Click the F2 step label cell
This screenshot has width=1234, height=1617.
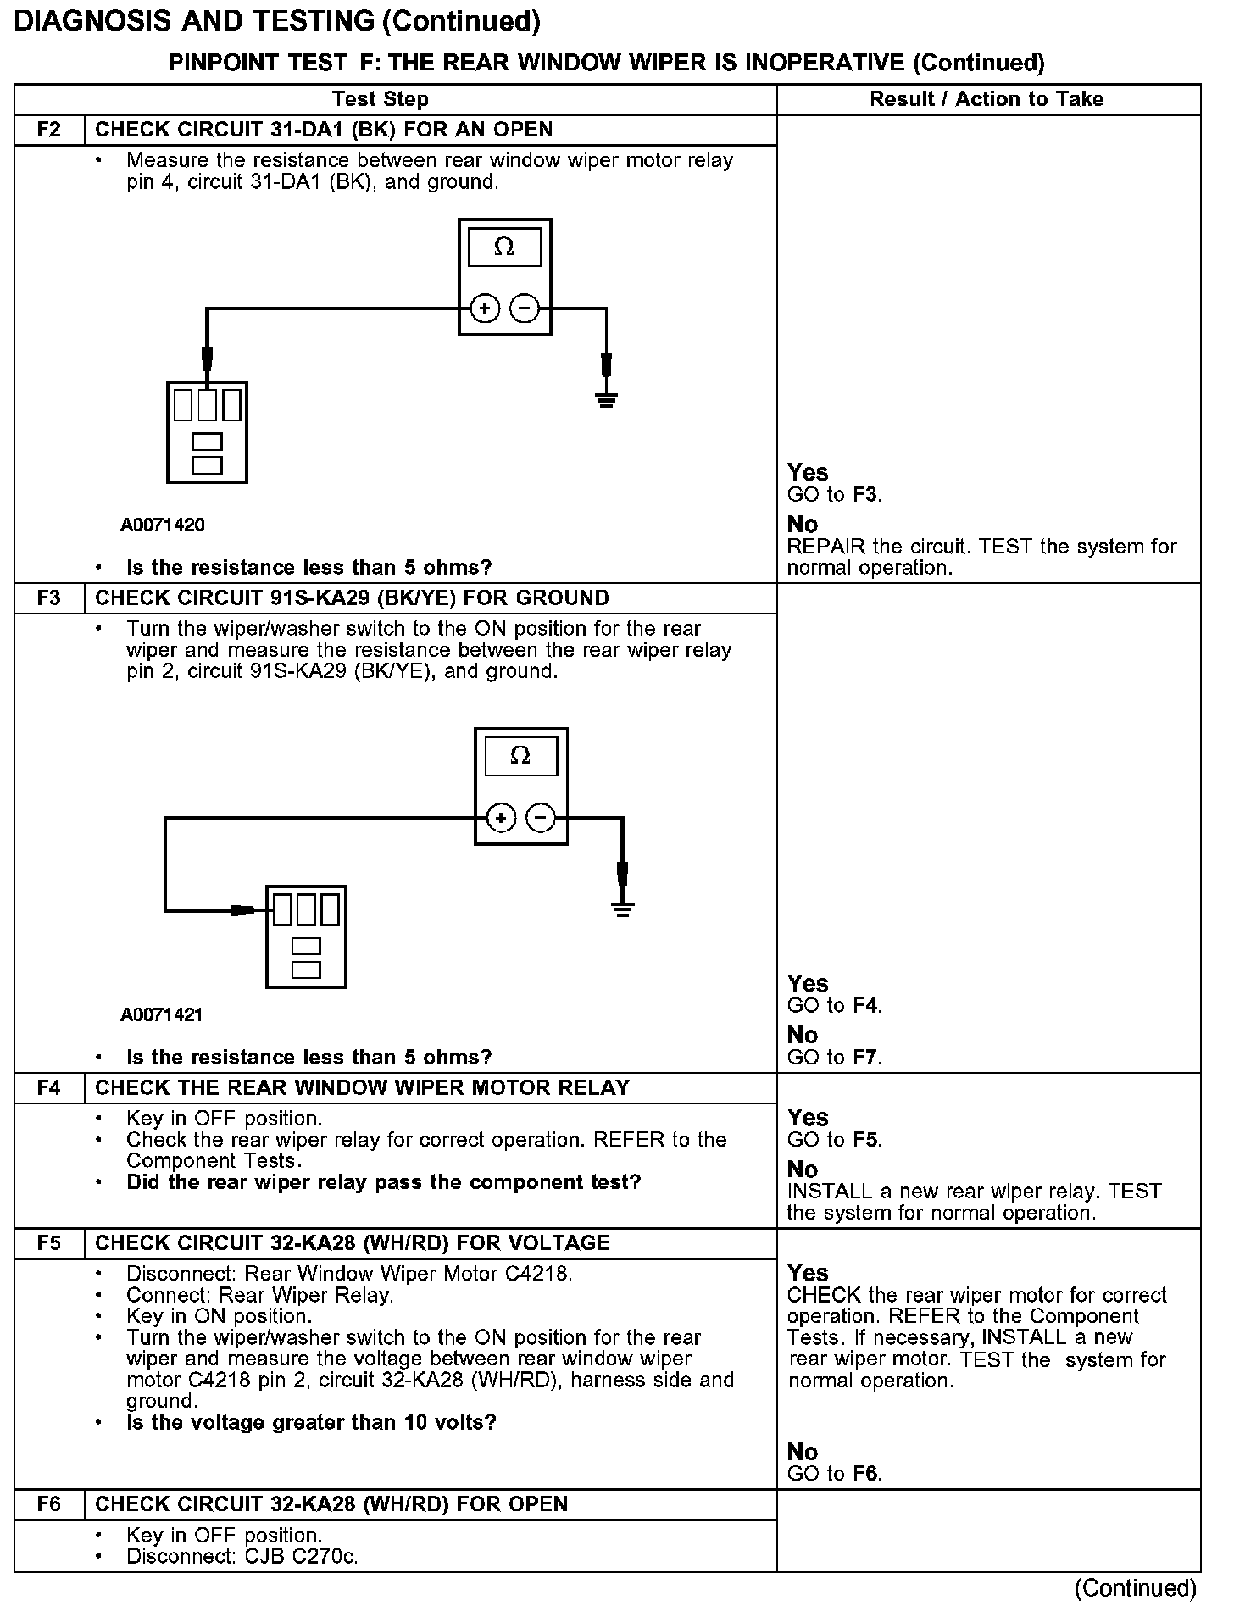(x=49, y=130)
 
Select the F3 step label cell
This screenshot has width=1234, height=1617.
(x=49, y=598)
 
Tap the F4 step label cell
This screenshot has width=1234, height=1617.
(x=49, y=1088)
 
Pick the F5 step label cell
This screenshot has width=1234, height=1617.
(x=49, y=1243)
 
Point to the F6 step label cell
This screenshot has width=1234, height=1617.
(x=49, y=1504)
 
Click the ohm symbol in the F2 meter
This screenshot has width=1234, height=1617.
(x=504, y=247)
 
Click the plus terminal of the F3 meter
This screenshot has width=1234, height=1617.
(x=501, y=818)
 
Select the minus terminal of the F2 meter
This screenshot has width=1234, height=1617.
(x=525, y=308)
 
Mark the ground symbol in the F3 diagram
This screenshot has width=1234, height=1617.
(x=623, y=909)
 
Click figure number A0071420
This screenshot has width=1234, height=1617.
(x=163, y=525)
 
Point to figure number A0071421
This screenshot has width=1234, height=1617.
(x=163, y=1015)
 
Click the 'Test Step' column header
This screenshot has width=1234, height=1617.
(x=381, y=99)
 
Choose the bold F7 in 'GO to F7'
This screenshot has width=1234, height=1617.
(x=866, y=1058)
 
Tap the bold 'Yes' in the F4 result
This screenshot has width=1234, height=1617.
(x=807, y=1118)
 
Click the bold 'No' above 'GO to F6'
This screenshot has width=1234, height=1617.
(x=803, y=1452)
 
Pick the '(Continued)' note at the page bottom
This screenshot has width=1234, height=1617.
(x=1136, y=1588)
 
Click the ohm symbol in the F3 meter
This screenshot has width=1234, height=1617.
(x=520, y=756)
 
